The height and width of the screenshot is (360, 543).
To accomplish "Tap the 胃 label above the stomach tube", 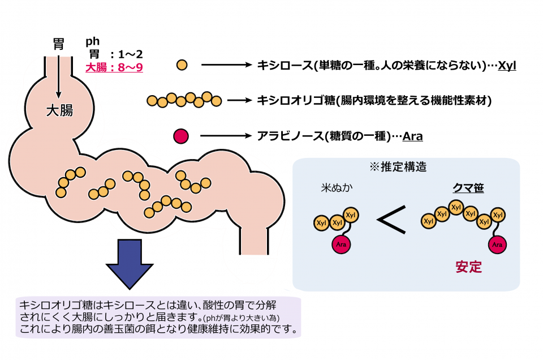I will pyautogui.click(x=58, y=45).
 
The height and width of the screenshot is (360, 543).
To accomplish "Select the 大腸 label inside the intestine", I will pyautogui.click(x=59, y=110).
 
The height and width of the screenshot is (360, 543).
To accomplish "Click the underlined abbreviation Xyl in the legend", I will pyautogui.click(x=507, y=66).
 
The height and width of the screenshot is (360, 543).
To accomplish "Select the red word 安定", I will pyautogui.click(x=469, y=267).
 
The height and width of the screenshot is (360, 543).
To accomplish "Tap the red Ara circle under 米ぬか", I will pyautogui.click(x=341, y=245).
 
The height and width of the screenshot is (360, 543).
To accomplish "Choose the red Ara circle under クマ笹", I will pyautogui.click(x=497, y=245).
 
